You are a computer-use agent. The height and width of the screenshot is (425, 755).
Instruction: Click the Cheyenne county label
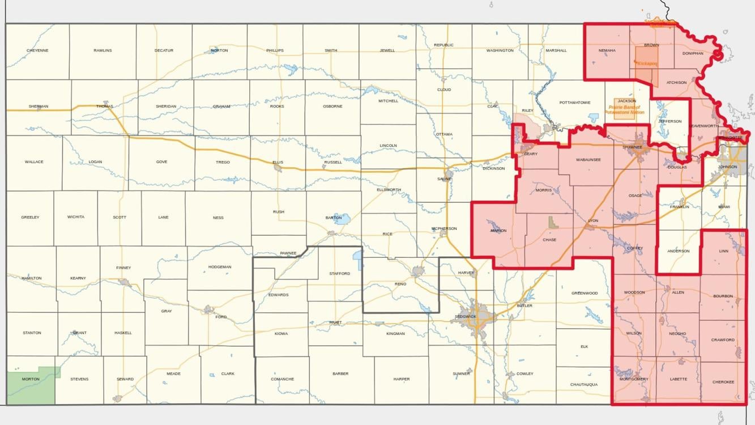coord(37,50)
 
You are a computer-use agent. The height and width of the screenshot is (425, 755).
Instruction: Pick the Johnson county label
coord(728,167)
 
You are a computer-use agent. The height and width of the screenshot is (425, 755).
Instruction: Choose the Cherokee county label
coord(723,382)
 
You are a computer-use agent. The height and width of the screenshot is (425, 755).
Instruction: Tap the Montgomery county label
coord(634,379)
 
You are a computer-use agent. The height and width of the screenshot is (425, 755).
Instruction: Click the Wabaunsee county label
coord(588,160)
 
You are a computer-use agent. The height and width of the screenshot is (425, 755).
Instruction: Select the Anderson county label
coord(678,251)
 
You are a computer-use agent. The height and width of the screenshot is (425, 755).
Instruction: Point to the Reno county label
coord(400,283)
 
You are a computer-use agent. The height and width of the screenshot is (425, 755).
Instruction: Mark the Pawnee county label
coord(288,253)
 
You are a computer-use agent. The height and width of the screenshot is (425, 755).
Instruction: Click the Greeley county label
coord(30,217)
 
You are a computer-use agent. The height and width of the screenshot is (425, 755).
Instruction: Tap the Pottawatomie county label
coord(574,103)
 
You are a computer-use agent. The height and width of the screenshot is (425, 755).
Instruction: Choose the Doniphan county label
coord(692,53)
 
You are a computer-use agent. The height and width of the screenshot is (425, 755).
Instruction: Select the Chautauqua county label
coord(584,385)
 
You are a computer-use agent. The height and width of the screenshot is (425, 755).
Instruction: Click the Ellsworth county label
coord(388,190)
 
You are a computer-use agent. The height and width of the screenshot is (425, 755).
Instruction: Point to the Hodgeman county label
coord(220,267)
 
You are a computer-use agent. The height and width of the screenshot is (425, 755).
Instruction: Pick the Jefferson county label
coord(669,121)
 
